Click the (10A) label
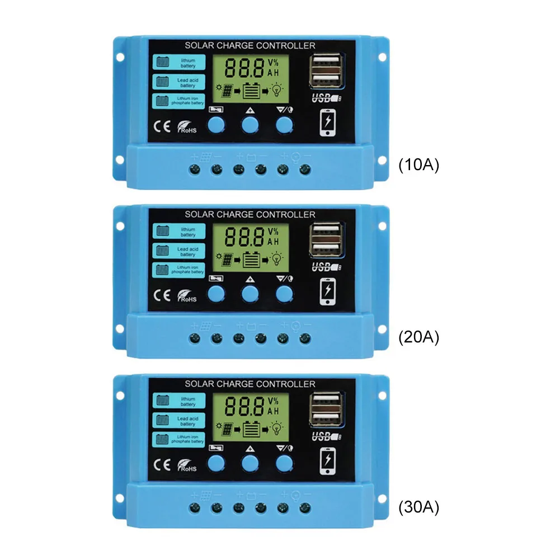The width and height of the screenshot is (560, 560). point(418,166)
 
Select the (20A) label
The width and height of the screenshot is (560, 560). point(418,337)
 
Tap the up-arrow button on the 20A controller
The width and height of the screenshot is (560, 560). point(250,293)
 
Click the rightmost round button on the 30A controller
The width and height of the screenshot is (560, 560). point(284,462)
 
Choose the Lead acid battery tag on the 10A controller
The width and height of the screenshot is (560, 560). point(178,82)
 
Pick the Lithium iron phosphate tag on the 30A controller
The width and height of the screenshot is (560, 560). point(178,439)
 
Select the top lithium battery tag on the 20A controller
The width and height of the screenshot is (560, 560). point(178,231)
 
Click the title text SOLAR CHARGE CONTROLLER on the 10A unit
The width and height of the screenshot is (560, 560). point(250,45)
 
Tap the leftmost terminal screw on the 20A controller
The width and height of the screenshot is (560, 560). point(194,338)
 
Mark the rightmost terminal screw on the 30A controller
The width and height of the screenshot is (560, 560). point(305,508)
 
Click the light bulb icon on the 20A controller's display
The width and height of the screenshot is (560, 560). point(277,258)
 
